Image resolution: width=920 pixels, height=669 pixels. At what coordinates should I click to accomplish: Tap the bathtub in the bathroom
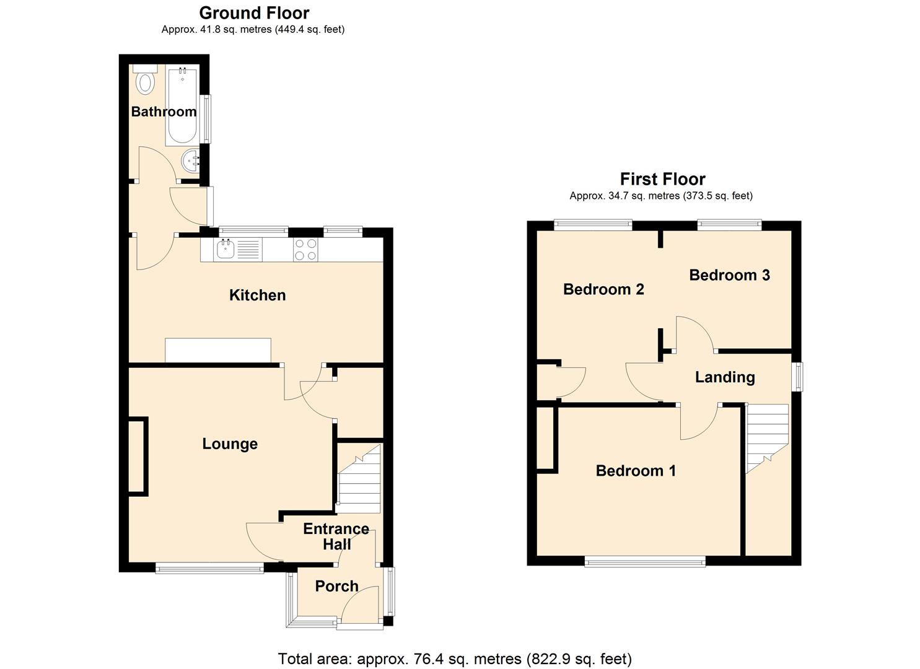tap(182, 105)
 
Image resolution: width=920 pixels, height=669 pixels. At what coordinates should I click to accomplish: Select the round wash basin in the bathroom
tap(191, 162)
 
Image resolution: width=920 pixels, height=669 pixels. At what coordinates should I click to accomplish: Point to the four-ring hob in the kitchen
tap(305, 250)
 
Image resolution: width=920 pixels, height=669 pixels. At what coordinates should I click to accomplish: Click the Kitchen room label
tap(257, 295)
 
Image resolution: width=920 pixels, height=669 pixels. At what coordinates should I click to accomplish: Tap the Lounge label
tap(230, 444)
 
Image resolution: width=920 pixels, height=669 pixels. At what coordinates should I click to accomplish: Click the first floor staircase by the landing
tap(766, 436)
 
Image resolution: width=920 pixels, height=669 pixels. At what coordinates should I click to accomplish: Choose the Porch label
tap(336, 586)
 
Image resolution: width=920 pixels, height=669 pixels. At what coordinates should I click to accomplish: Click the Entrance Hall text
tap(336, 536)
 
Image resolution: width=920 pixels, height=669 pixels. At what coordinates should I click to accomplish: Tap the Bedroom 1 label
tap(636, 471)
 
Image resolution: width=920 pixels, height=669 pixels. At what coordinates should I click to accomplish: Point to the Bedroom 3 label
tap(729, 275)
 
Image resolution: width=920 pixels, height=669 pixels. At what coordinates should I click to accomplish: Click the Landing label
tap(725, 377)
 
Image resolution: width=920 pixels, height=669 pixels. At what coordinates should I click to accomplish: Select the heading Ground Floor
tap(254, 13)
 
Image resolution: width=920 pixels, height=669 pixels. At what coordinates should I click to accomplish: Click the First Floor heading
tap(662, 179)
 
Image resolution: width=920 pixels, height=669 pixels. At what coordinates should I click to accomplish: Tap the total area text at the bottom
tap(455, 658)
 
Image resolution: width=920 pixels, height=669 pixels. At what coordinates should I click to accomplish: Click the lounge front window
tap(210, 567)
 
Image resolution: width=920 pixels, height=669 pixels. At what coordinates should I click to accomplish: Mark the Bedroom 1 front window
tap(645, 562)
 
